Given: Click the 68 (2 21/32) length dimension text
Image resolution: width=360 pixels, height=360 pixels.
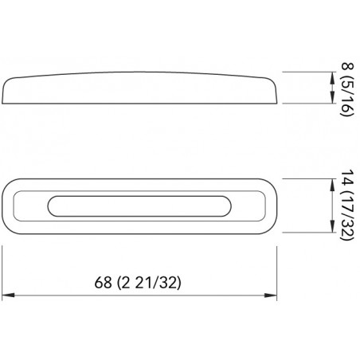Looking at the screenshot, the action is (138, 282).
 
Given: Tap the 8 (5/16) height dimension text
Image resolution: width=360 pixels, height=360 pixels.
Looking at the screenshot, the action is (347, 89).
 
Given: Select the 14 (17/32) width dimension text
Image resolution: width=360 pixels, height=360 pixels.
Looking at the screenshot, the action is (347, 205).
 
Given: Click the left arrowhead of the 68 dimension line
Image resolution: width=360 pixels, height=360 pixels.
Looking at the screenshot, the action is (8, 295).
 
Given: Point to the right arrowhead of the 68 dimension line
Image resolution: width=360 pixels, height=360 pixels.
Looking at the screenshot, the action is (271, 295).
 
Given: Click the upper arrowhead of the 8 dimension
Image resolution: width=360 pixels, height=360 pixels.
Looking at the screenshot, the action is (332, 77).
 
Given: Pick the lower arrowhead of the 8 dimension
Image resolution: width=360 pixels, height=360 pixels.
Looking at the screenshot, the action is (332, 97).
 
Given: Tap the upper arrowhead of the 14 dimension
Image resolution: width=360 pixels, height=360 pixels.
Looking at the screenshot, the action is (332, 185).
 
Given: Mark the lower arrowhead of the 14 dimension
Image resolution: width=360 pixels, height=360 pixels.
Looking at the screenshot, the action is (332, 226).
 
